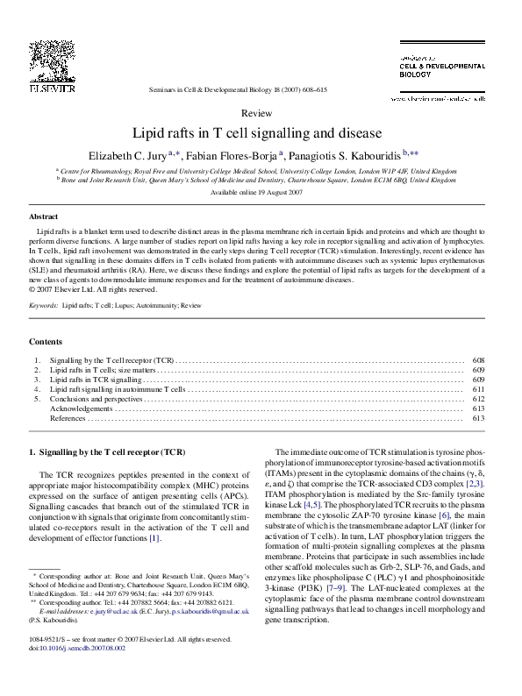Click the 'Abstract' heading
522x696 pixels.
coord(44,215)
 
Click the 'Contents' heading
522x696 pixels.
coord(46,341)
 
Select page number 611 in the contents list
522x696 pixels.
coord(478,388)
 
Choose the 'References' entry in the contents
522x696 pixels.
coord(68,418)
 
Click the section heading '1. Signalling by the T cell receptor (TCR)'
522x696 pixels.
coord(107,452)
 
